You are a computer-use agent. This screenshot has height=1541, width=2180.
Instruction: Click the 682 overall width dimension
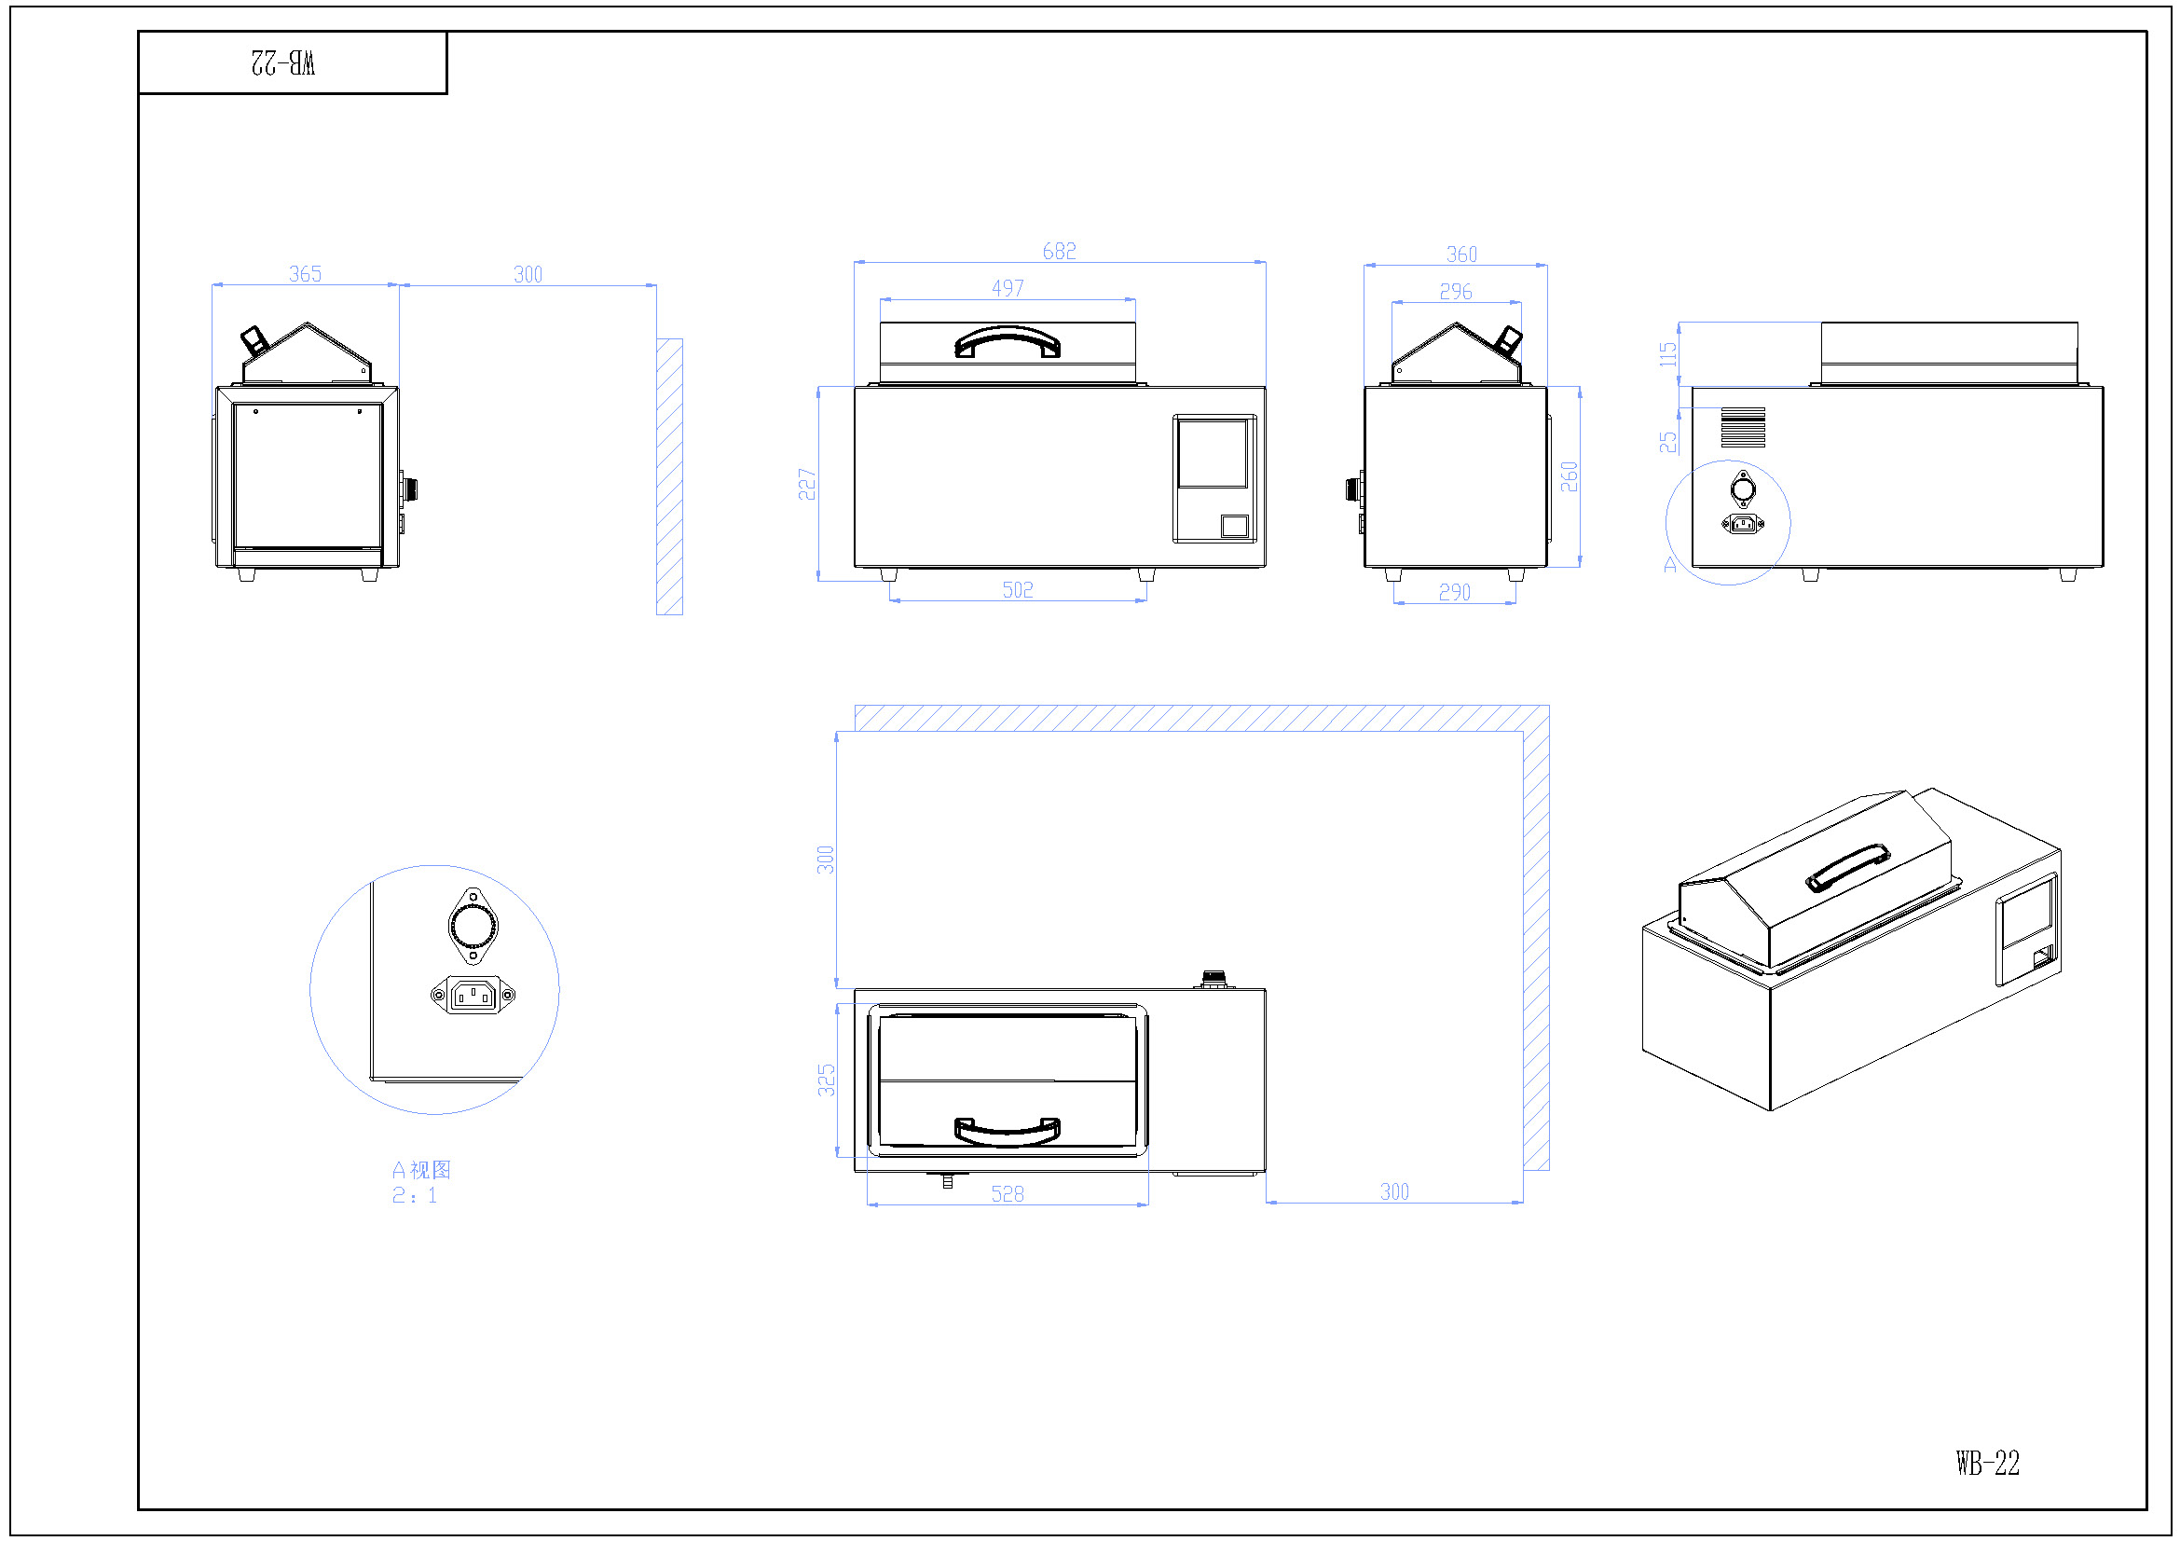click(x=1059, y=251)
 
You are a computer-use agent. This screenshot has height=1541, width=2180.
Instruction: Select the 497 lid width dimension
click(x=1008, y=288)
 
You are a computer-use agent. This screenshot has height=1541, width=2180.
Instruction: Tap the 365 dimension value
click(x=305, y=274)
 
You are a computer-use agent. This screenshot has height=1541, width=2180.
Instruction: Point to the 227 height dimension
click(x=807, y=484)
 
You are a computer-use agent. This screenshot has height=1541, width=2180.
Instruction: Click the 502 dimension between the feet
click(x=1017, y=589)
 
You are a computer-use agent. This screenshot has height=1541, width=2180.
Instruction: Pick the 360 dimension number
click(x=1461, y=255)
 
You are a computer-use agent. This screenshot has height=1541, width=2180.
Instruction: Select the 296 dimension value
click(x=1456, y=292)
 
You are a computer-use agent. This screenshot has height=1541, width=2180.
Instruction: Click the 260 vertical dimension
click(x=1570, y=476)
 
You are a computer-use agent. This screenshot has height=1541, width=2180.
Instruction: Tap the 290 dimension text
click(x=1454, y=593)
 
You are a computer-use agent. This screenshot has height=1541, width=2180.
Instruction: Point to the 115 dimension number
click(x=1668, y=354)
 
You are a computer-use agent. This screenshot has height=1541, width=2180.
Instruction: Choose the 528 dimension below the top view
click(x=1008, y=1193)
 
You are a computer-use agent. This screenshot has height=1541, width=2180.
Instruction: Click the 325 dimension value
click(x=827, y=1080)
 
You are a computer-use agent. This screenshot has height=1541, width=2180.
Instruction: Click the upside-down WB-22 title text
click(x=283, y=62)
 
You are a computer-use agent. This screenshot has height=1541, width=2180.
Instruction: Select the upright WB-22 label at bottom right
click(x=1987, y=1462)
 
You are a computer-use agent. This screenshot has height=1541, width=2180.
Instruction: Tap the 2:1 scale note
click(x=415, y=1195)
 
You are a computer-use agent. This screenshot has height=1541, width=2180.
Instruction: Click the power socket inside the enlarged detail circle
click(x=473, y=995)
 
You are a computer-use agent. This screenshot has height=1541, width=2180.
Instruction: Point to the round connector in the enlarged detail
click(x=473, y=925)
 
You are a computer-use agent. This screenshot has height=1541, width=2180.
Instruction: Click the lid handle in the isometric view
click(x=1846, y=868)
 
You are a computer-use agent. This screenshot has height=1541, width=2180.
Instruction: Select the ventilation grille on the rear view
click(x=1743, y=427)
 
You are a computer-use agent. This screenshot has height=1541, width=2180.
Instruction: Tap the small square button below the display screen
click(x=1234, y=526)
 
